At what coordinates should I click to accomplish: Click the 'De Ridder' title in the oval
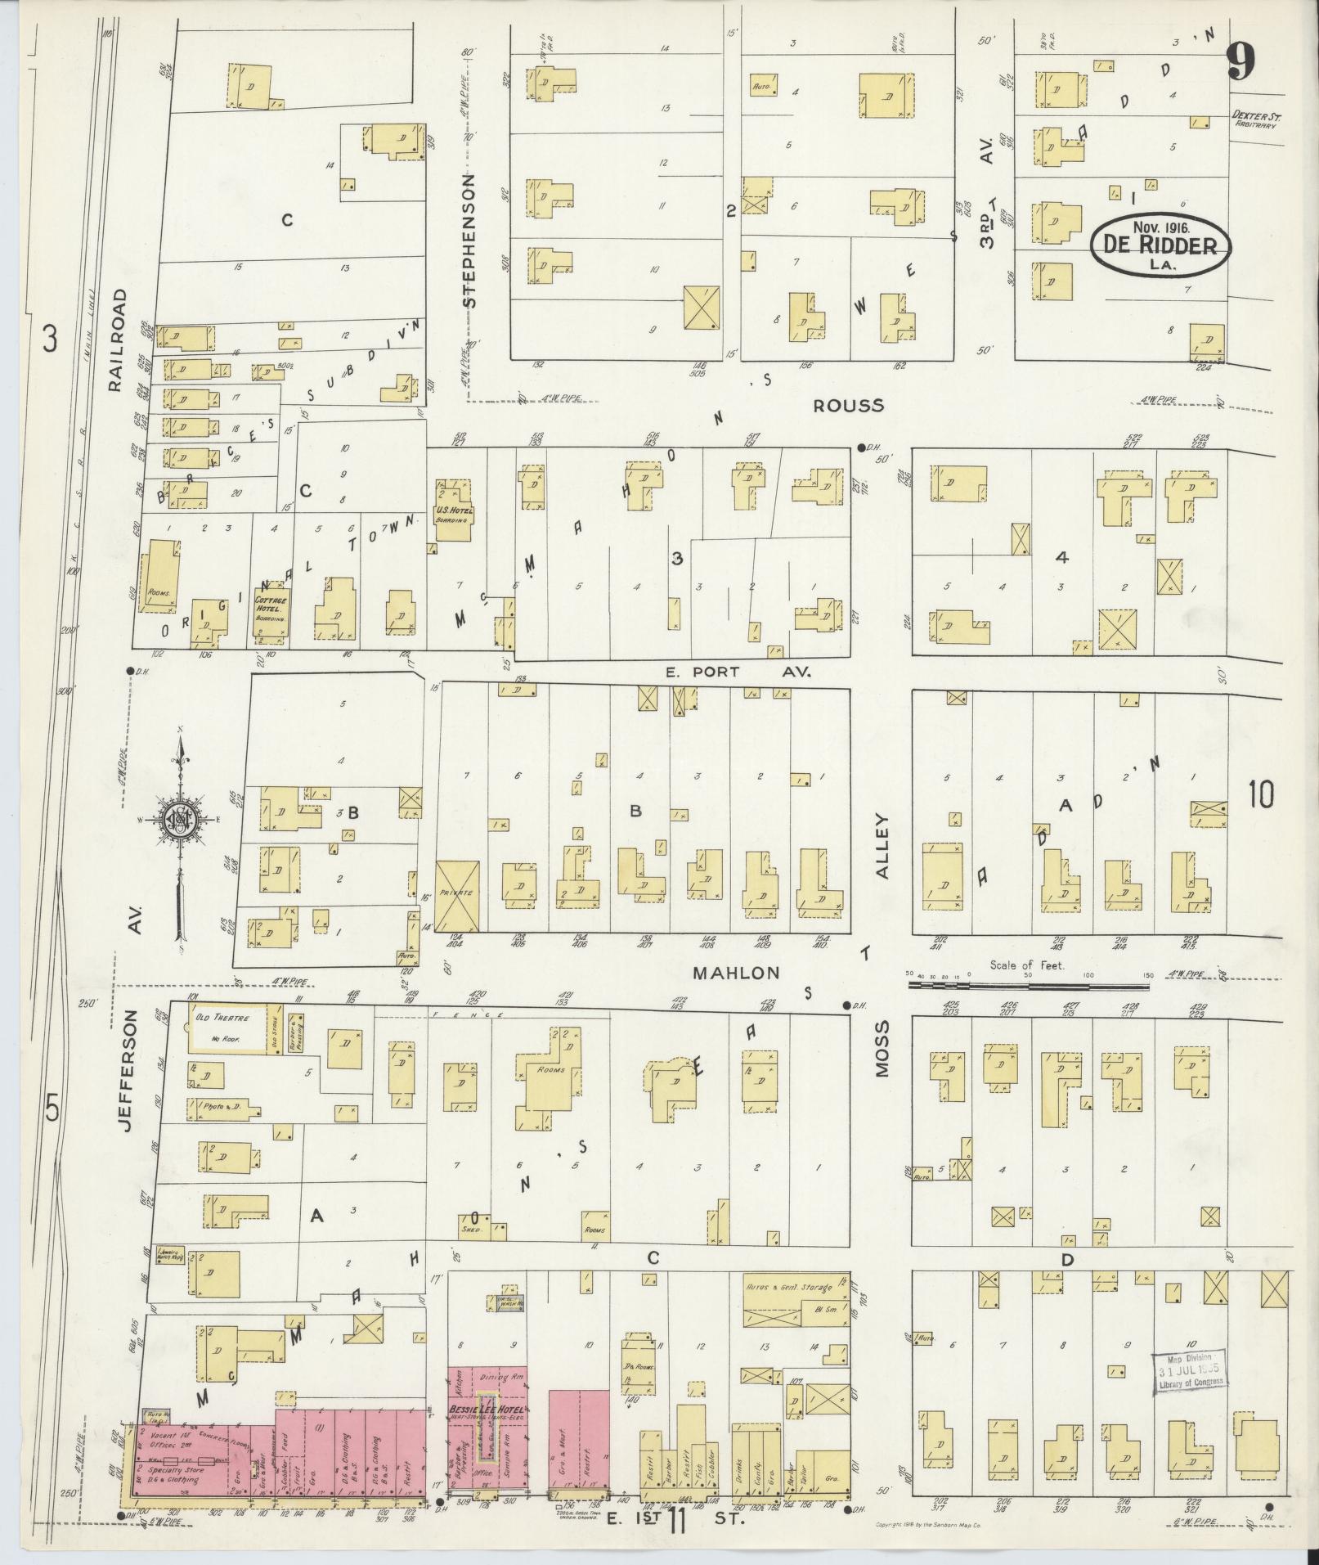pyautogui.click(x=1160, y=245)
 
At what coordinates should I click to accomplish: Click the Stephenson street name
pyautogui.click(x=469, y=241)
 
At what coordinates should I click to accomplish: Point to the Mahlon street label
pyautogui.click(x=737, y=973)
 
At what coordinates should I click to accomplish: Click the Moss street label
pyautogui.click(x=882, y=1048)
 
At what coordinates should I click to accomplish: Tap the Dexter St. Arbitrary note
pyautogui.click(x=1255, y=121)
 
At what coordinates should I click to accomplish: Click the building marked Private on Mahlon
pyautogui.click(x=457, y=896)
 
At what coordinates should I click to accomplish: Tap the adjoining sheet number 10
pyautogui.click(x=1260, y=794)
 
